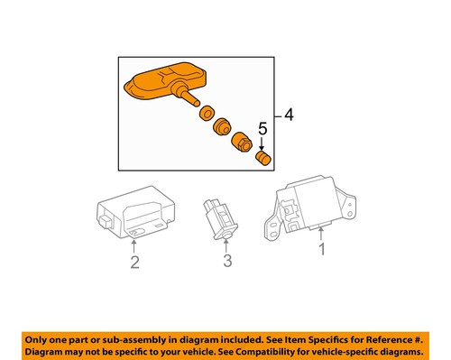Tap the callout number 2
coord(133,263)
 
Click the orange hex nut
coord(243,143)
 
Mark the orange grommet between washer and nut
coord(222,125)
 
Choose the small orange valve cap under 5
coord(264,158)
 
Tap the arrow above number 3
coord(228,244)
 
